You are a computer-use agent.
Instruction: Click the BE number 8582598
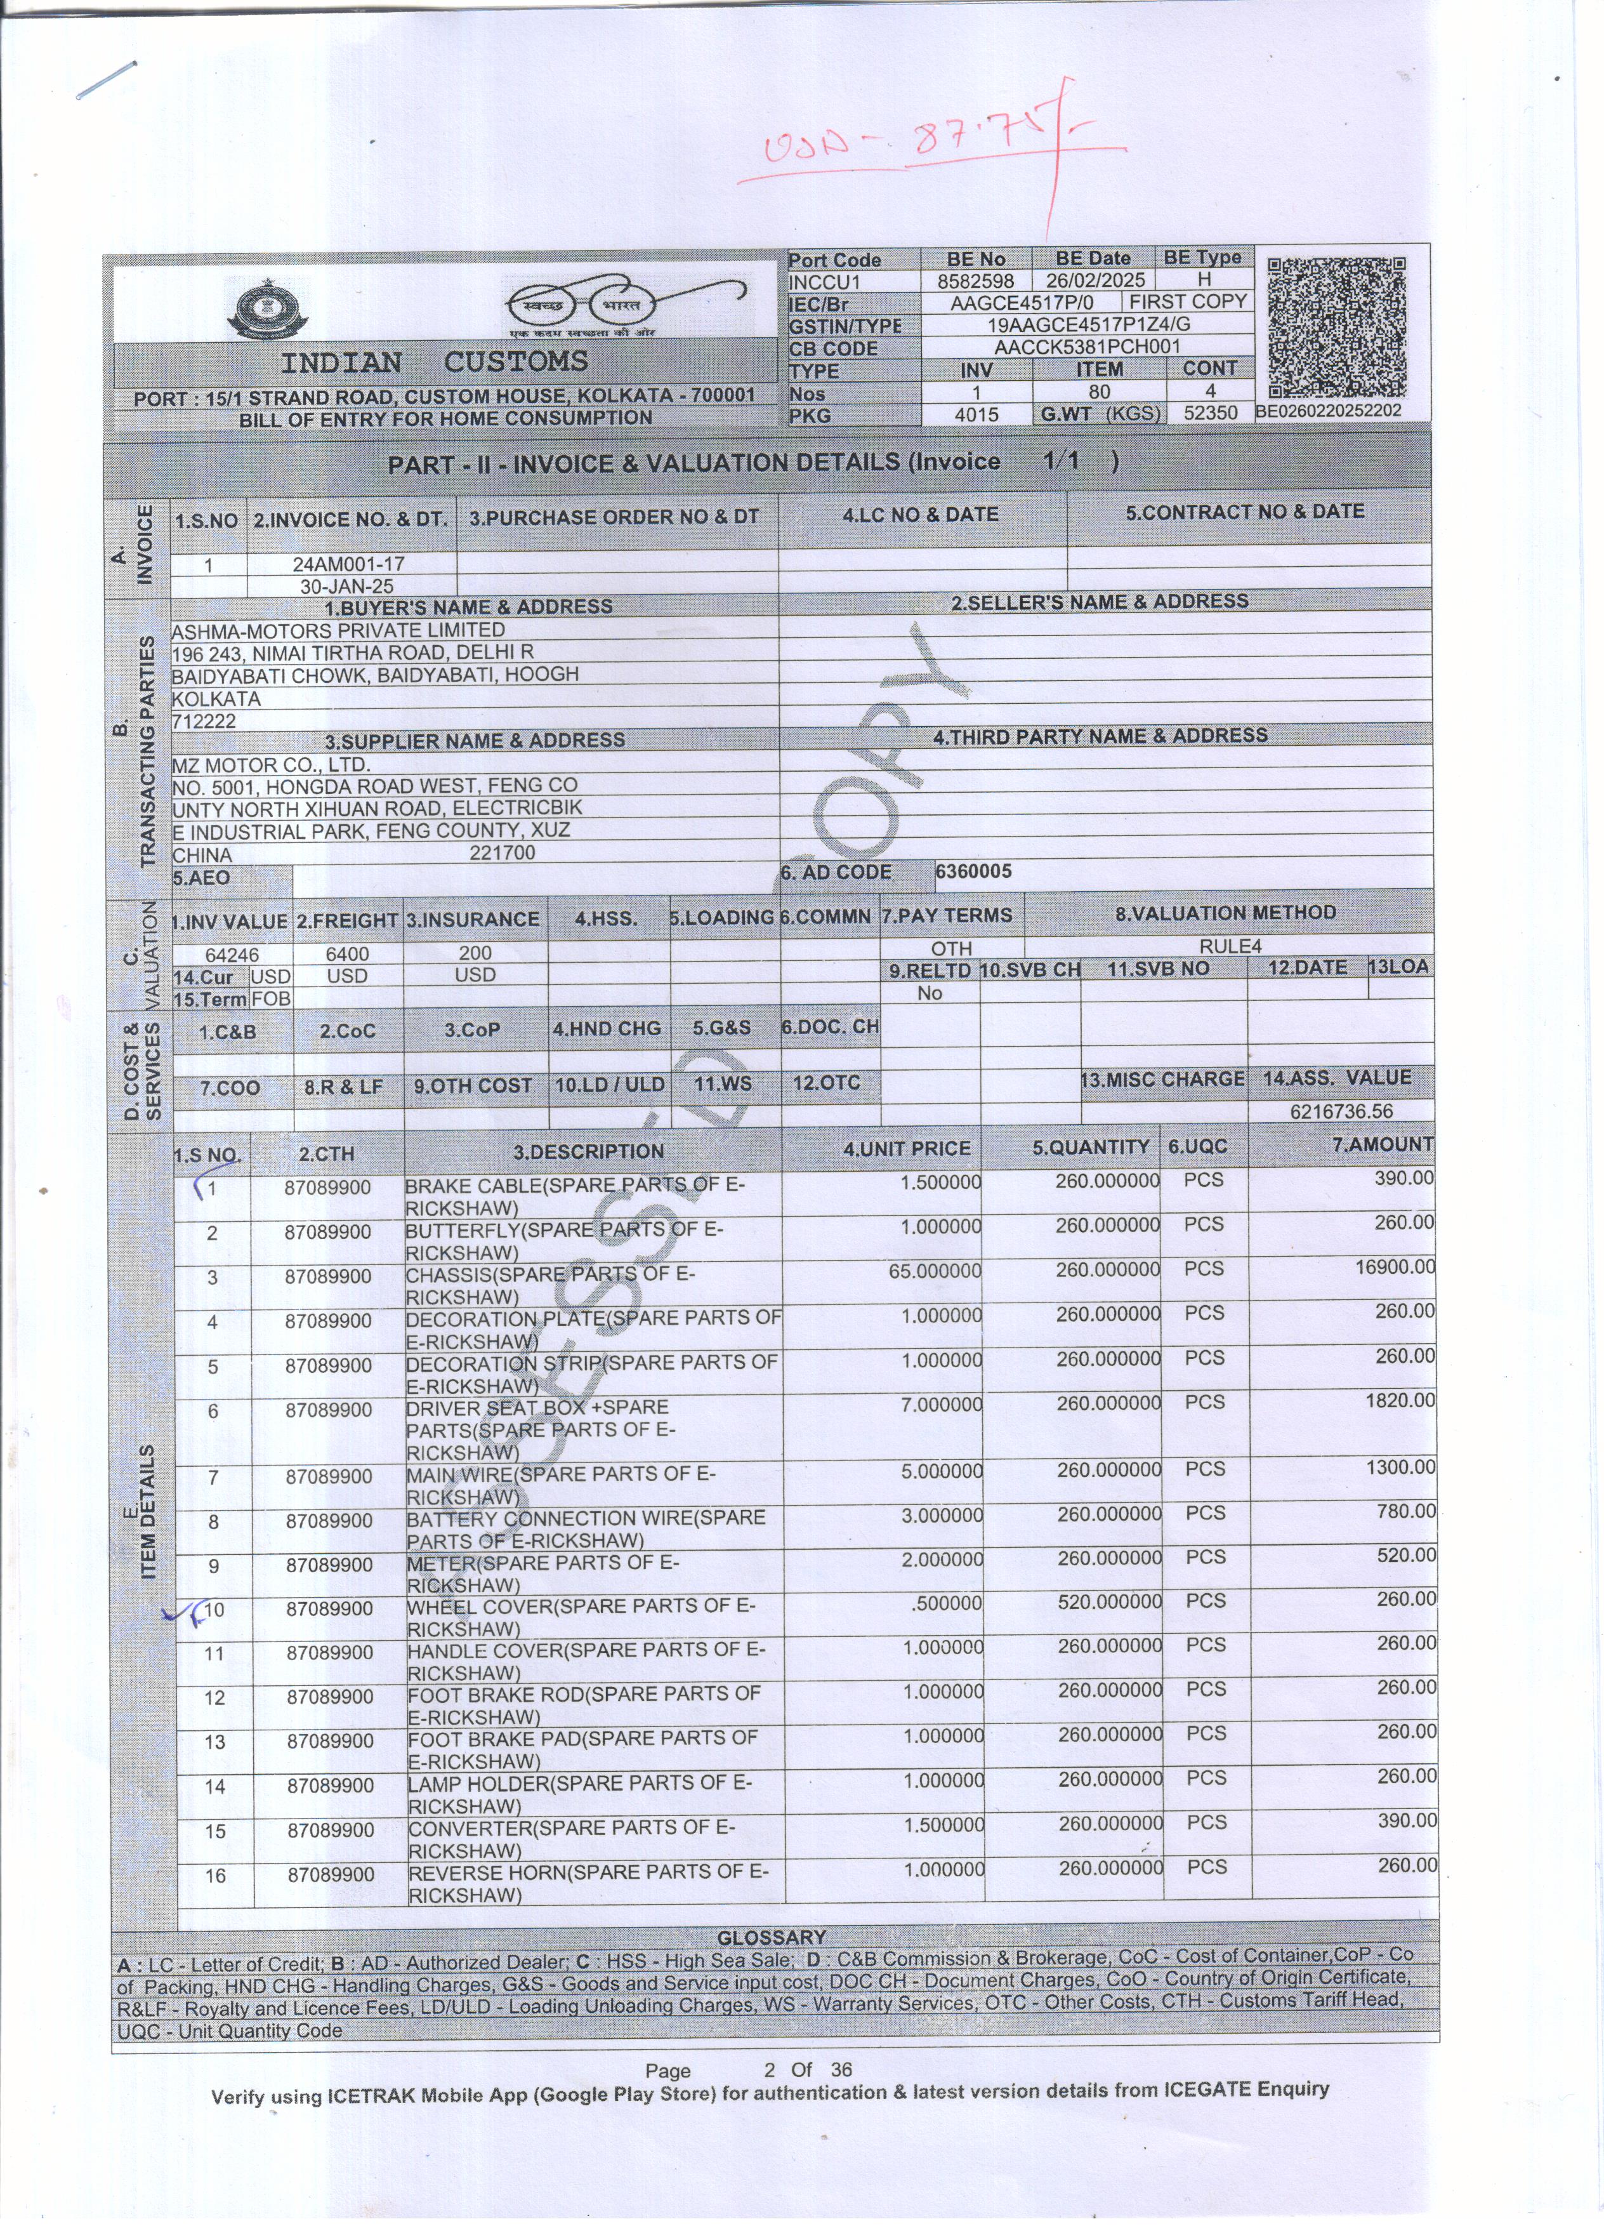point(975,281)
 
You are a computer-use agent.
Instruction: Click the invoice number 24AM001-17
point(348,564)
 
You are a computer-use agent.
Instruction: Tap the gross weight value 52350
point(1209,413)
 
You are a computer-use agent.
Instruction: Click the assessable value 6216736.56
point(1341,1111)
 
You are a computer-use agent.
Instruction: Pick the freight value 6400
point(347,953)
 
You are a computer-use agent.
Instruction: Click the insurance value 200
point(475,952)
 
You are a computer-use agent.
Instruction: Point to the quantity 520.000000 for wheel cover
point(1108,1602)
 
